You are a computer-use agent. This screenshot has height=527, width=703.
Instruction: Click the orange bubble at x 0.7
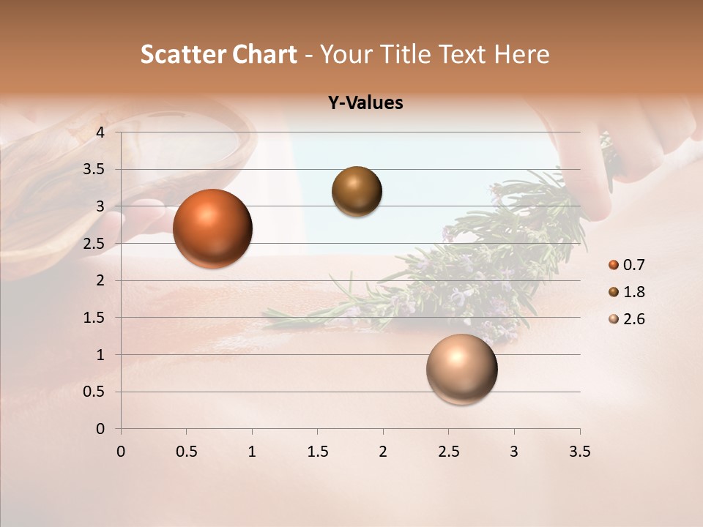(212, 228)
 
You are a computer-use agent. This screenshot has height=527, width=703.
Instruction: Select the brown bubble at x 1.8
(357, 192)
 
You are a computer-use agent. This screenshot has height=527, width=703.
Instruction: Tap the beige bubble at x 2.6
(461, 369)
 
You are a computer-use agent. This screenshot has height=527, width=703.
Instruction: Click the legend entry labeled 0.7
(627, 265)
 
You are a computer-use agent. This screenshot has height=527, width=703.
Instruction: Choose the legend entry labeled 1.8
(627, 292)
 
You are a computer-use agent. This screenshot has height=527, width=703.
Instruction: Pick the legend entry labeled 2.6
(627, 319)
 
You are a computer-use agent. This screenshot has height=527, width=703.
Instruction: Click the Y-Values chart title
(365, 103)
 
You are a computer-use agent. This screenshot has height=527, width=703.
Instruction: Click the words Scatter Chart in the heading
(218, 54)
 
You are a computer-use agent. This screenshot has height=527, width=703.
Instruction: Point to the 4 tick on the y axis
(100, 132)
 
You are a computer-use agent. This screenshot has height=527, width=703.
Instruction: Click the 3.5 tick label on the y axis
(94, 169)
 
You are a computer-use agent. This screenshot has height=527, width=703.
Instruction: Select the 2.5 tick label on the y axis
(94, 244)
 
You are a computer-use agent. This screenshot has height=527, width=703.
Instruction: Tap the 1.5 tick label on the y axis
(94, 318)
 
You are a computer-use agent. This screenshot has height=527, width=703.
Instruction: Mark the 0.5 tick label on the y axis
(94, 392)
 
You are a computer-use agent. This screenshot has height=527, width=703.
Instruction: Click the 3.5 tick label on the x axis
(579, 452)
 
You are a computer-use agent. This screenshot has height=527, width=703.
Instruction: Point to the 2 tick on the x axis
(383, 452)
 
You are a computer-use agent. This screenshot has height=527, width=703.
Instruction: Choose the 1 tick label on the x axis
(252, 452)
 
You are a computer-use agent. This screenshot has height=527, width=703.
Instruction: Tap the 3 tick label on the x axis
(514, 452)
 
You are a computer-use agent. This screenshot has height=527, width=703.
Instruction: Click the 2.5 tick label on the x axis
(448, 452)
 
